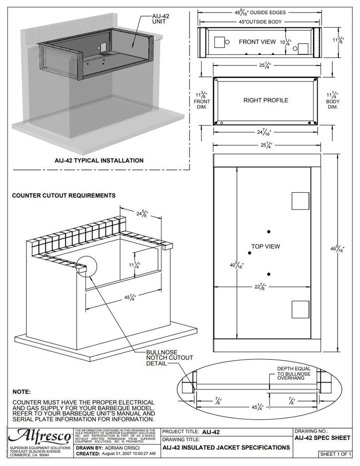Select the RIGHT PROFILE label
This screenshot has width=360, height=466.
pos(265,100)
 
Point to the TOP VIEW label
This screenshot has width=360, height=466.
pos(265,246)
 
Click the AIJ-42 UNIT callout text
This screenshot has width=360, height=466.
pos(161,19)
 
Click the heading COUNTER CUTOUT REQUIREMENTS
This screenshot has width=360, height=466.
pos(63,195)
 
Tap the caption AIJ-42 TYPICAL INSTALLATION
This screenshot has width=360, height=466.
pos(99,161)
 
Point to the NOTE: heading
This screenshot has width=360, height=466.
pos(21,392)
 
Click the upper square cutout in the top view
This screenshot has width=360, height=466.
pos(300,201)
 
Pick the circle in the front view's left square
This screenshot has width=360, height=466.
pos(227,42)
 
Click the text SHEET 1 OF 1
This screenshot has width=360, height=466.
pos(336,454)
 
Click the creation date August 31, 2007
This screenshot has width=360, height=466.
pos(128,454)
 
